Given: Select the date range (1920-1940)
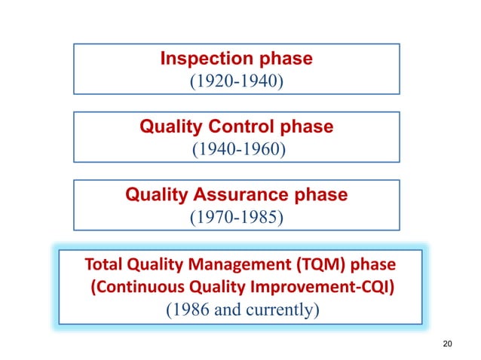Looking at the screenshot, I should pyautogui.click(x=236, y=79).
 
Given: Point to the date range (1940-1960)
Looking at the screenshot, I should pyautogui.click(x=236, y=148).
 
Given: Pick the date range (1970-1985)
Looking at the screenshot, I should pyautogui.click(x=236, y=217).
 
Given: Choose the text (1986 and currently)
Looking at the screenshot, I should pyautogui.click(x=236, y=310).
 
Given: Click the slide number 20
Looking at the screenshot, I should pyautogui.click(x=448, y=344).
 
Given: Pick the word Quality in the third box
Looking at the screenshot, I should pyautogui.click(x=155, y=195).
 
